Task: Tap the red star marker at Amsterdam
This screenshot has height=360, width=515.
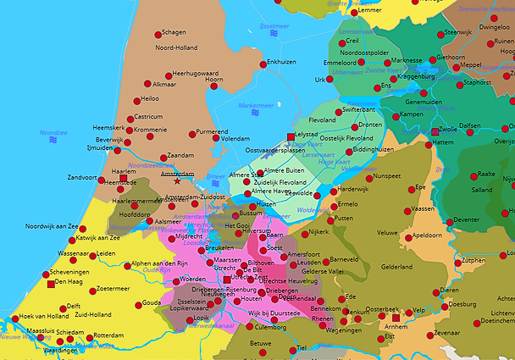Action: click(177, 181)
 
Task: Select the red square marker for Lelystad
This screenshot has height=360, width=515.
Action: click(291, 136)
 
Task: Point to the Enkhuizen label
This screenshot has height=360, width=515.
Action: click(281, 62)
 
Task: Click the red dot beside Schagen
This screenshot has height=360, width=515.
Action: click(158, 35)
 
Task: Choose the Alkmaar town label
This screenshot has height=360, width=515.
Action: click(164, 85)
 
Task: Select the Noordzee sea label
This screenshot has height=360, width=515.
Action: click(53, 133)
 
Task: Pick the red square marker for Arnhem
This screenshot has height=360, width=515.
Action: click(395, 317)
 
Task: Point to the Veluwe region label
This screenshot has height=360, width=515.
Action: click(387, 232)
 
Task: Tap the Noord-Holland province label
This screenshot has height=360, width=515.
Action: click(175, 48)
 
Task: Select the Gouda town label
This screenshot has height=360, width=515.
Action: click(151, 302)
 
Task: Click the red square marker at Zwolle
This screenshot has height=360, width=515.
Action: click(435, 132)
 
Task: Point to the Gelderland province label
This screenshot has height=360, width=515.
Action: click(396, 267)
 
